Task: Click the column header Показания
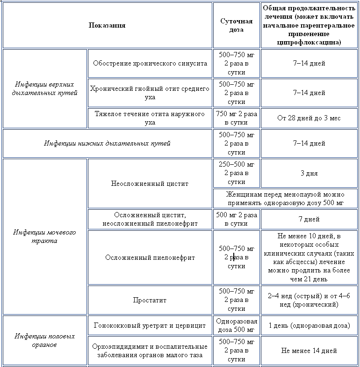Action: point(107,25)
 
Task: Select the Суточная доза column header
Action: point(236,25)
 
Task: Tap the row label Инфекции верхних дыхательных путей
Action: point(45,88)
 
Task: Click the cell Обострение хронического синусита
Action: point(150,63)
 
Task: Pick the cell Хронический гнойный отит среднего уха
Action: point(150,93)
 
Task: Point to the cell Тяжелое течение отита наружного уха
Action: point(150,118)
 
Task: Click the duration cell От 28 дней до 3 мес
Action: point(309,118)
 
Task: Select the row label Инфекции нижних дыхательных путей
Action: point(107,143)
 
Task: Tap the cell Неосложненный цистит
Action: point(150,183)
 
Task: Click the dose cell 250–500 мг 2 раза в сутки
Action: point(236,173)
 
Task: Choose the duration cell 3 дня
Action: point(309,173)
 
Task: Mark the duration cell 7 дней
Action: point(309,219)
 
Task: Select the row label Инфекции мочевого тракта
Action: point(45,236)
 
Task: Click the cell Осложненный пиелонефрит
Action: point(150,257)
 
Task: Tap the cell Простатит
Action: point(150,300)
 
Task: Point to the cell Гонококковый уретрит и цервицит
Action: point(150,326)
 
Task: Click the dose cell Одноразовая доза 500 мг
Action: point(236,326)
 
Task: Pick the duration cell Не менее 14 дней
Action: point(309,351)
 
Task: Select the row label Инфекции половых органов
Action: point(45,340)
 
